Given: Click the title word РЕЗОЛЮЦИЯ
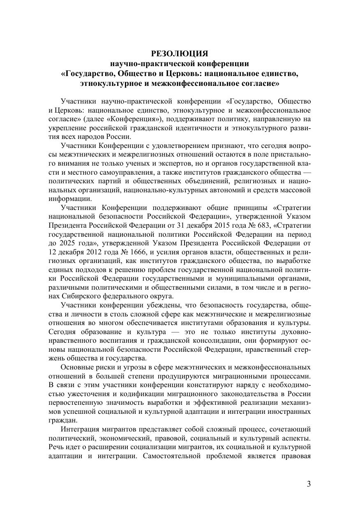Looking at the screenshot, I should click(x=180, y=53).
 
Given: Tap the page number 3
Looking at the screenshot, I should click(x=309, y=484).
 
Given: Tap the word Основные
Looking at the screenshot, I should click(x=76, y=367).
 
